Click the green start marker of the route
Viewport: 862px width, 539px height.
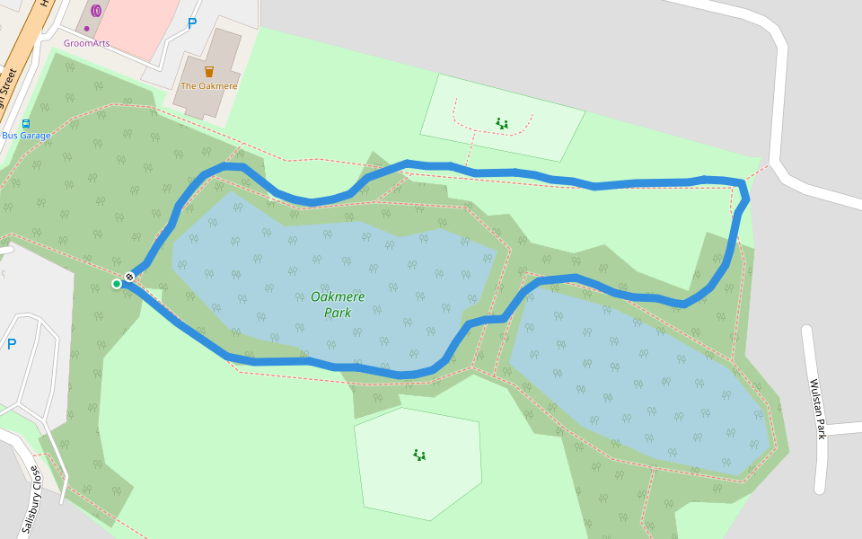(x=117, y=284)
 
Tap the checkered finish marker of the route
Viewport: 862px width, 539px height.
(x=130, y=277)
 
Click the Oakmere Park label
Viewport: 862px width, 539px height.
(x=331, y=305)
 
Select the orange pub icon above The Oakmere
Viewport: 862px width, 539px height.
(x=209, y=71)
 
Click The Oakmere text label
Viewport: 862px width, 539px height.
(x=208, y=86)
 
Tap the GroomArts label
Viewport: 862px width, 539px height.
(x=86, y=42)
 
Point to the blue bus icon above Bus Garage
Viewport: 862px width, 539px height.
(x=26, y=124)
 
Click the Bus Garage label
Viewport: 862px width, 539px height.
(x=26, y=136)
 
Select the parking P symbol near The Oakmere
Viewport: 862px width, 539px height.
(x=191, y=24)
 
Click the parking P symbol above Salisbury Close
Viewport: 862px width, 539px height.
(x=12, y=344)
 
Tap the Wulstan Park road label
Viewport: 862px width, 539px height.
(x=818, y=409)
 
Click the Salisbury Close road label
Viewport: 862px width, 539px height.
(x=31, y=499)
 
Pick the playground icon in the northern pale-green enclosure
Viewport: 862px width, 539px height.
(x=502, y=123)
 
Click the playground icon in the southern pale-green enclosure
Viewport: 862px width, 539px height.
(x=418, y=455)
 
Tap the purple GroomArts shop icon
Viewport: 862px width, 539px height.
(x=96, y=10)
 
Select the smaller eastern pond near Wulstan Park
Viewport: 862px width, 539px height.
(x=646, y=386)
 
